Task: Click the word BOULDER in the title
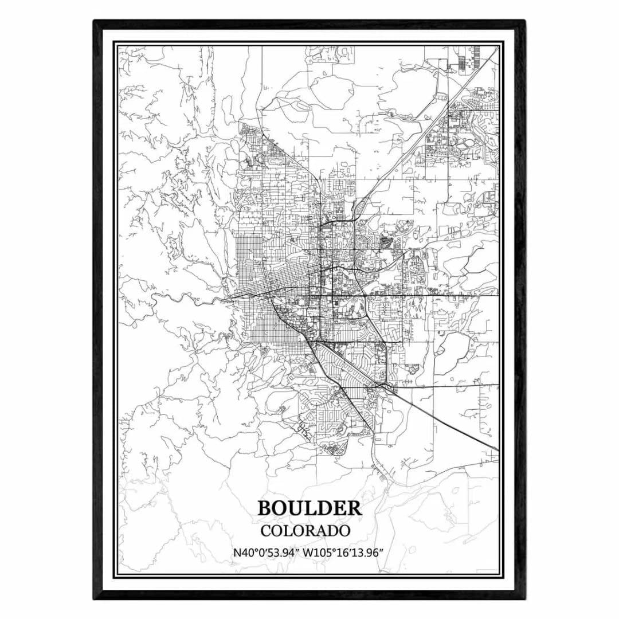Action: (309, 508)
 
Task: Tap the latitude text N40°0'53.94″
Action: (267, 553)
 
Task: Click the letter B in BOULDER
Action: (265, 508)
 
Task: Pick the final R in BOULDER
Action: (354, 508)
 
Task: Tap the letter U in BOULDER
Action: (296, 508)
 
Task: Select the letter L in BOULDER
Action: (311, 508)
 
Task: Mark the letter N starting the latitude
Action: (237, 553)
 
